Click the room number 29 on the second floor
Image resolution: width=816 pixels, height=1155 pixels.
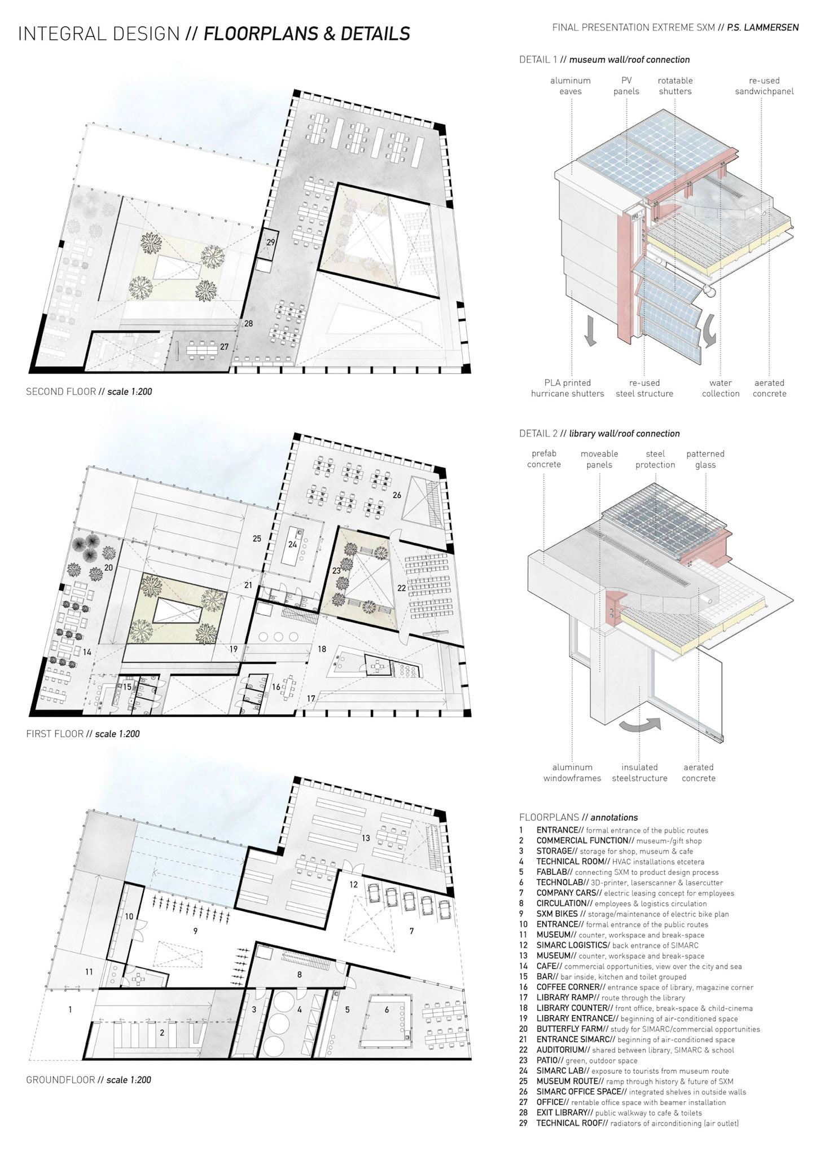(x=271, y=243)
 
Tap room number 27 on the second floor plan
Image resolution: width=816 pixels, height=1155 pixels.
(x=225, y=347)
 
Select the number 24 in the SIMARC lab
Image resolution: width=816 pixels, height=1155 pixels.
(x=292, y=545)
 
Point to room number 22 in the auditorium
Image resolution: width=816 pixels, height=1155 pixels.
(x=401, y=588)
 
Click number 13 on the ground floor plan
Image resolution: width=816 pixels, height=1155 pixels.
(x=366, y=838)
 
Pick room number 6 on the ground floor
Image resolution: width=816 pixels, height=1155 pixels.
(x=387, y=1009)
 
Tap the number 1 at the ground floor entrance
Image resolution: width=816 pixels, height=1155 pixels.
(x=71, y=1009)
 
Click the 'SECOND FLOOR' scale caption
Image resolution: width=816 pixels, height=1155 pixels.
(x=89, y=391)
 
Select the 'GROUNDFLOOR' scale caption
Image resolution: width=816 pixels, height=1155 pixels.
(x=89, y=1080)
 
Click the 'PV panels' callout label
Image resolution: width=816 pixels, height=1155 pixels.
(x=626, y=86)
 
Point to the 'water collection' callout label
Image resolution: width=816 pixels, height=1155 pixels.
(x=721, y=388)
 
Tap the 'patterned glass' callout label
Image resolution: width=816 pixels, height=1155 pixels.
(x=705, y=460)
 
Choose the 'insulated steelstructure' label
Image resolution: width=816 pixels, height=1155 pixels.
(x=640, y=773)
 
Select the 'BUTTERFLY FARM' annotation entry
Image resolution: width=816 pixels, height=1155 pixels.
(x=648, y=1029)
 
